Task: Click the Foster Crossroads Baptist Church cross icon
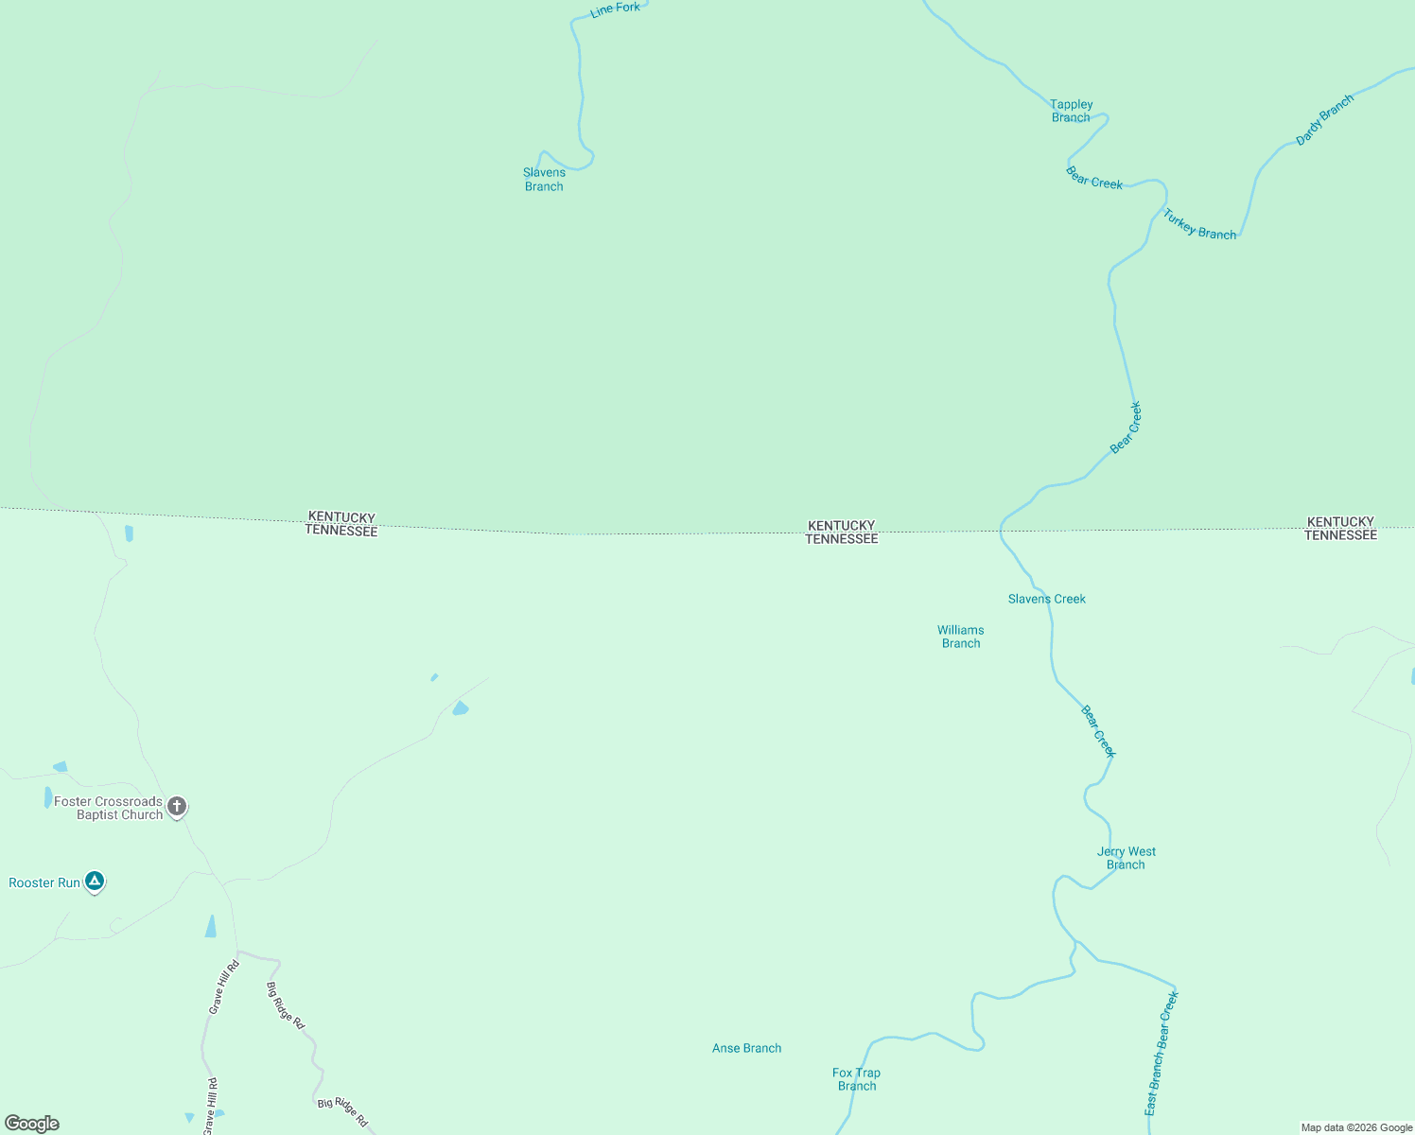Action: (x=177, y=807)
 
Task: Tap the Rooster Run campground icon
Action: (x=94, y=882)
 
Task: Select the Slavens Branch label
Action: (x=544, y=180)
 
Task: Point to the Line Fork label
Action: (x=615, y=9)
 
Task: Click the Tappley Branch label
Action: (x=1071, y=111)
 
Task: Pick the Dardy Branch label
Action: (x=1324, y=120)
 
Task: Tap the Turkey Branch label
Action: (x=1199, y=225)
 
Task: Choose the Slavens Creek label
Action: (x=1046, y=599)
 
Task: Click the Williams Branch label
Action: (x=961, y=637)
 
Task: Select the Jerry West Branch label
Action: (x=1126, y=858)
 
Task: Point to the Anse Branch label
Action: (x=746, y=1048)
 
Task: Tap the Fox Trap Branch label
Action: (x=856, y=1079)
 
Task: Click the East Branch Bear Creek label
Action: (x=1162, y=1053)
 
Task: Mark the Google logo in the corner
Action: (x=32, y=1124)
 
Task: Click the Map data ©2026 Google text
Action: (x=1356, y=1127)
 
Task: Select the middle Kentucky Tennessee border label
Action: (x=842, y=532)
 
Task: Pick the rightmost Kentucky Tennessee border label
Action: (x=1340, y=528)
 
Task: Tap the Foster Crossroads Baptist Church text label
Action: (x=109, y=808)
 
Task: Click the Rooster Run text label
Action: (x=44, y=882)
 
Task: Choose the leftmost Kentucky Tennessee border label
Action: (x=341, y=524)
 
